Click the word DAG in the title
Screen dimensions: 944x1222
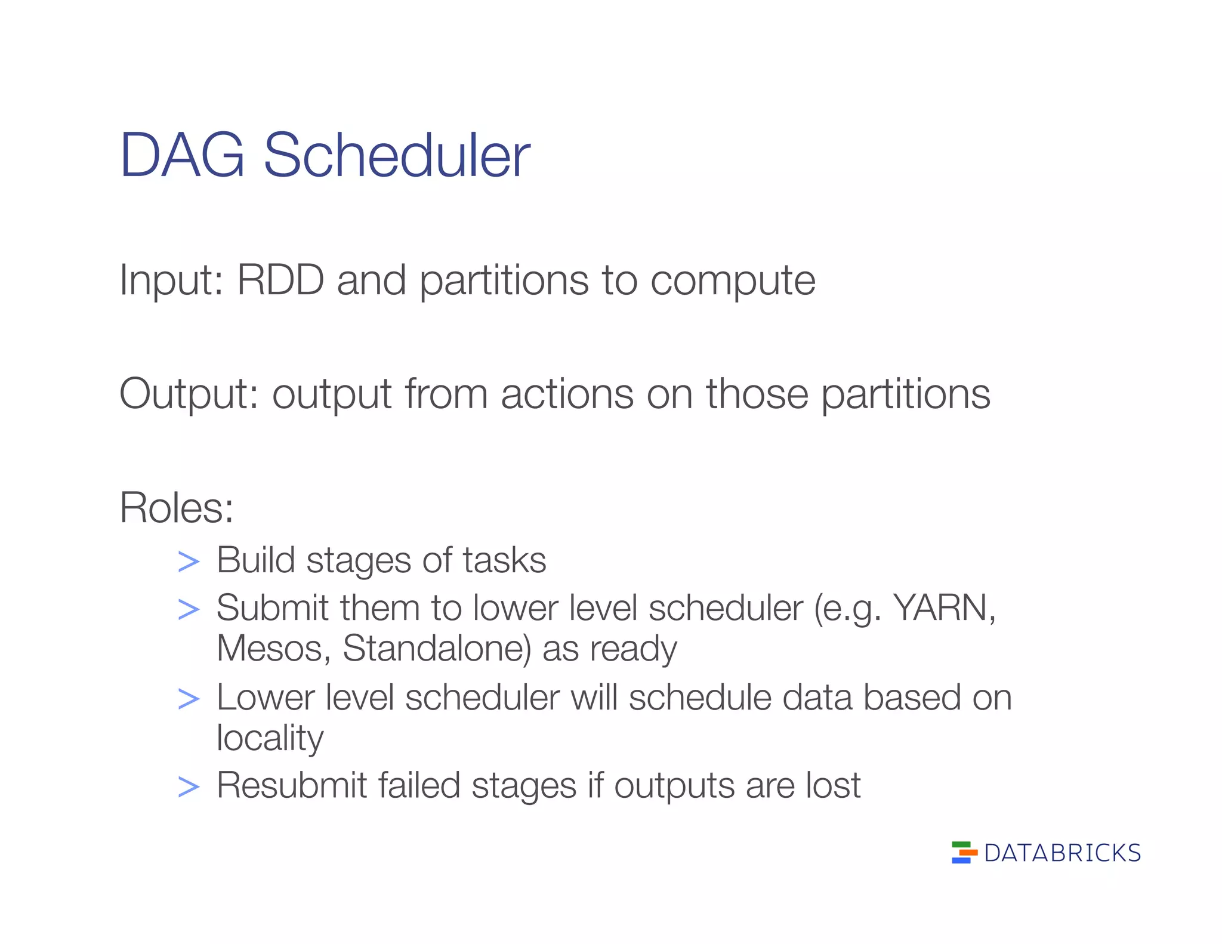182,156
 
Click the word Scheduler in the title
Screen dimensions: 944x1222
396,156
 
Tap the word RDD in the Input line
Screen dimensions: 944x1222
280,279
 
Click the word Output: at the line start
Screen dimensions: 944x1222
189,394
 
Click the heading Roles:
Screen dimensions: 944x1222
177,508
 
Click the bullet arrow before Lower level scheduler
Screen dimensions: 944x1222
189,699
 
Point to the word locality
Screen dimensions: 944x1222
270,739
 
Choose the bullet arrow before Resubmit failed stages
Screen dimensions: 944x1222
189,787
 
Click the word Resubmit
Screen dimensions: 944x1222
291,785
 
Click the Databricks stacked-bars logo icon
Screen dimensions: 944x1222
964,852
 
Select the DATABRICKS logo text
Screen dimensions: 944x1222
1062,853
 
